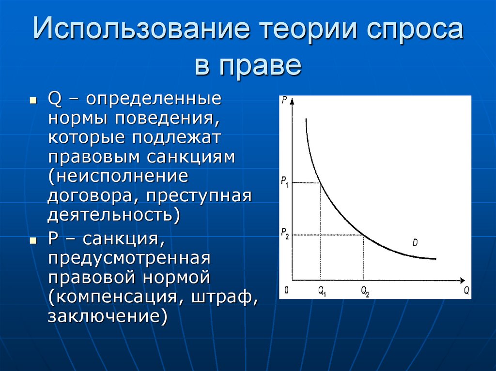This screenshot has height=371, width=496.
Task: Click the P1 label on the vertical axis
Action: [285, 182]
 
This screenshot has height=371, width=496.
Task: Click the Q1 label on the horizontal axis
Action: [322, 291]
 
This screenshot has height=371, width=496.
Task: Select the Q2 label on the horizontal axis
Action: [365, 291]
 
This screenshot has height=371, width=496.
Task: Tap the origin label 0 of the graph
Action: [286, 290]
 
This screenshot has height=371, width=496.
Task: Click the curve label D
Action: [415, 242]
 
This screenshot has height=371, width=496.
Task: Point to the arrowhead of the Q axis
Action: [463, 280]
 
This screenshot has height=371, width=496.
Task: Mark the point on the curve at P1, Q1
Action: [320, 183]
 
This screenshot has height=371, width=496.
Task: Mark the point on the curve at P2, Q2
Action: [364, 235]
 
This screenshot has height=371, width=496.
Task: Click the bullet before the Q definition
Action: [33, 102]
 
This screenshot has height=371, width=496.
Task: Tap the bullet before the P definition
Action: [33, 240]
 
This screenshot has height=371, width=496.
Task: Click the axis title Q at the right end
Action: [466, 290]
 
